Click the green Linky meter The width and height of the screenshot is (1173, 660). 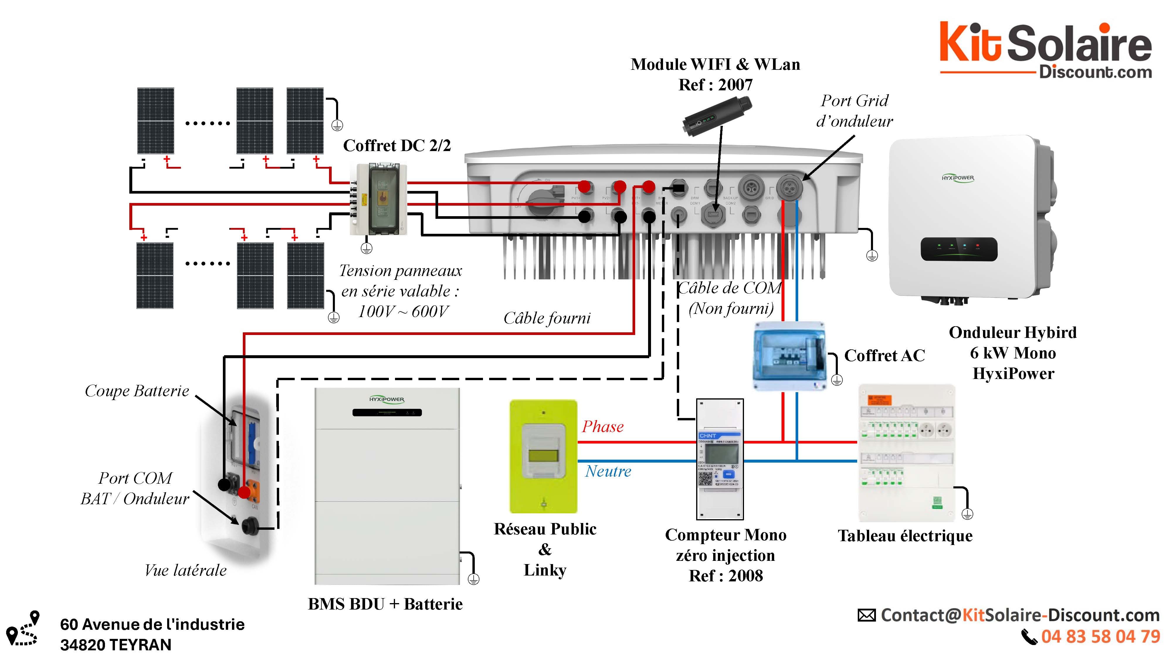(543, 456)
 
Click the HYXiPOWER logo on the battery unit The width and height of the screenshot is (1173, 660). (387, 400)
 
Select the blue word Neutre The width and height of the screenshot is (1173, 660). (608, 471)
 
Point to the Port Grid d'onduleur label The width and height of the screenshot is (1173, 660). (854, 111)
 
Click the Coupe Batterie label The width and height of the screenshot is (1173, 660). (137, 391)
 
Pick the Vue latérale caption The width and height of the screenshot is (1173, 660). (185, 570)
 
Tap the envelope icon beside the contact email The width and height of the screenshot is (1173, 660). (867, 615)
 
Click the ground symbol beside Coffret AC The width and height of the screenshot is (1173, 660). (837, 379)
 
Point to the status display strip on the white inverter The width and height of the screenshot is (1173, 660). (959, 249)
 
